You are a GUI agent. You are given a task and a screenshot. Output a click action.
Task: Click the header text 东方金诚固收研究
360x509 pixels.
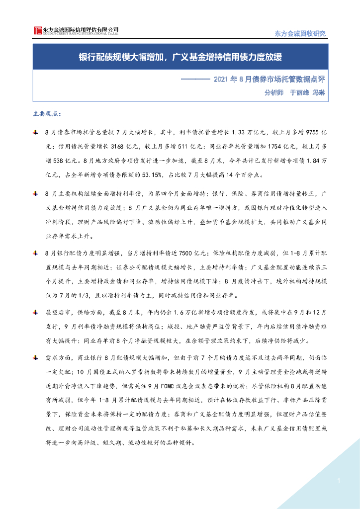pos(300,33)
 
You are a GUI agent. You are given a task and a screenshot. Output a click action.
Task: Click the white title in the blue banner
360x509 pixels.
pos(180,56)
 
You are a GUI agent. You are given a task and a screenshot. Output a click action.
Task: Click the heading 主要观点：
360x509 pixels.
pos(47,114)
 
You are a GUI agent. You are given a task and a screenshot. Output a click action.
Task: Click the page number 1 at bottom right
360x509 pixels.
pos(339,481)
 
